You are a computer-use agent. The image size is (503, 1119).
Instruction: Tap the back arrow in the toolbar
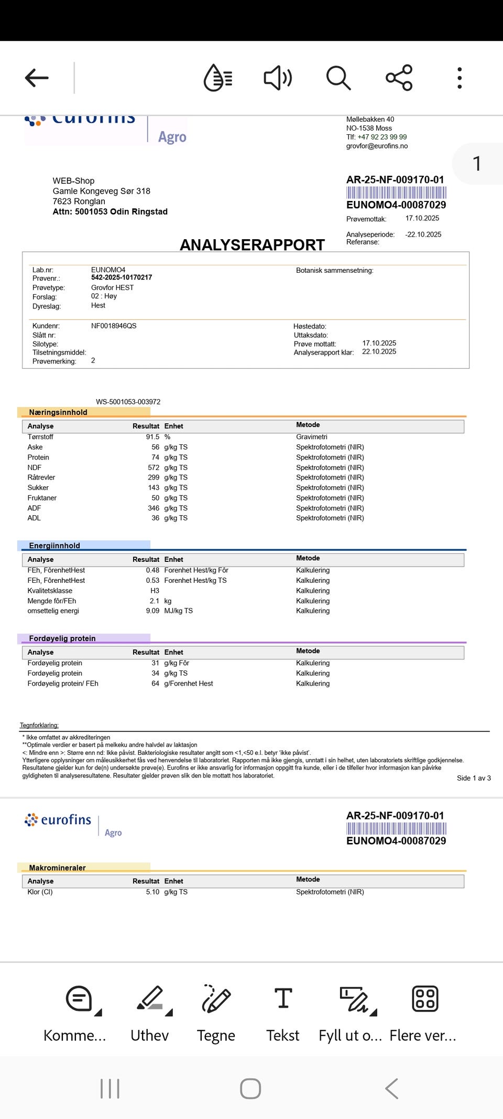coord(37,78)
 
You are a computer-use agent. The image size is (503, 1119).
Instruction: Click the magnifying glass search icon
coord(338,78)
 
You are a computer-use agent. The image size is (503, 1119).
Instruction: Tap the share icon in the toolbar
coord(399,78)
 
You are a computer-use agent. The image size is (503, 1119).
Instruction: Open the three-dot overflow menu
coord(460,78)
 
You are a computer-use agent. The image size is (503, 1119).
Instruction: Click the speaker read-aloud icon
coord(278,78)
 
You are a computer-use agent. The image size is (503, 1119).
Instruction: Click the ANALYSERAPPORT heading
coord(252,245)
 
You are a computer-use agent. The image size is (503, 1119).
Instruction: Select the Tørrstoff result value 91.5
coord(152,437)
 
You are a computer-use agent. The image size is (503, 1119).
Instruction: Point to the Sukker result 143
coord(154,488)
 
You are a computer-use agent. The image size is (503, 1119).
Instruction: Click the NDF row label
coord(35,467)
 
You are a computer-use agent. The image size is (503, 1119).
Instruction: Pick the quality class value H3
coord(155,591)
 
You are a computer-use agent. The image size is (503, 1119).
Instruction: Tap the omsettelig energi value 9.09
coord(152,611)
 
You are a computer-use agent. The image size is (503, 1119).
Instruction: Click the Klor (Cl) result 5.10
coord(152,892)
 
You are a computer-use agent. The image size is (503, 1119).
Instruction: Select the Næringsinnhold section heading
coord(58,412)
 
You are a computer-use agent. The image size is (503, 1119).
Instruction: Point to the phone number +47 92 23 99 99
coord(382,137)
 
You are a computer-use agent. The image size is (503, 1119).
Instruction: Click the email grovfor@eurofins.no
coord(377,146)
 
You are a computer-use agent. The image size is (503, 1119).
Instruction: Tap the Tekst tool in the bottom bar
coord(283,1013)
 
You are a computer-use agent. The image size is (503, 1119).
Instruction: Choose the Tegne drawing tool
coord(216,1013)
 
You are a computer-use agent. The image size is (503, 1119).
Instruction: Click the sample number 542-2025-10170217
coord(122,278)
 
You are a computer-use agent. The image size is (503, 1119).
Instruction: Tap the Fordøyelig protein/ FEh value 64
coord(156,684)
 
